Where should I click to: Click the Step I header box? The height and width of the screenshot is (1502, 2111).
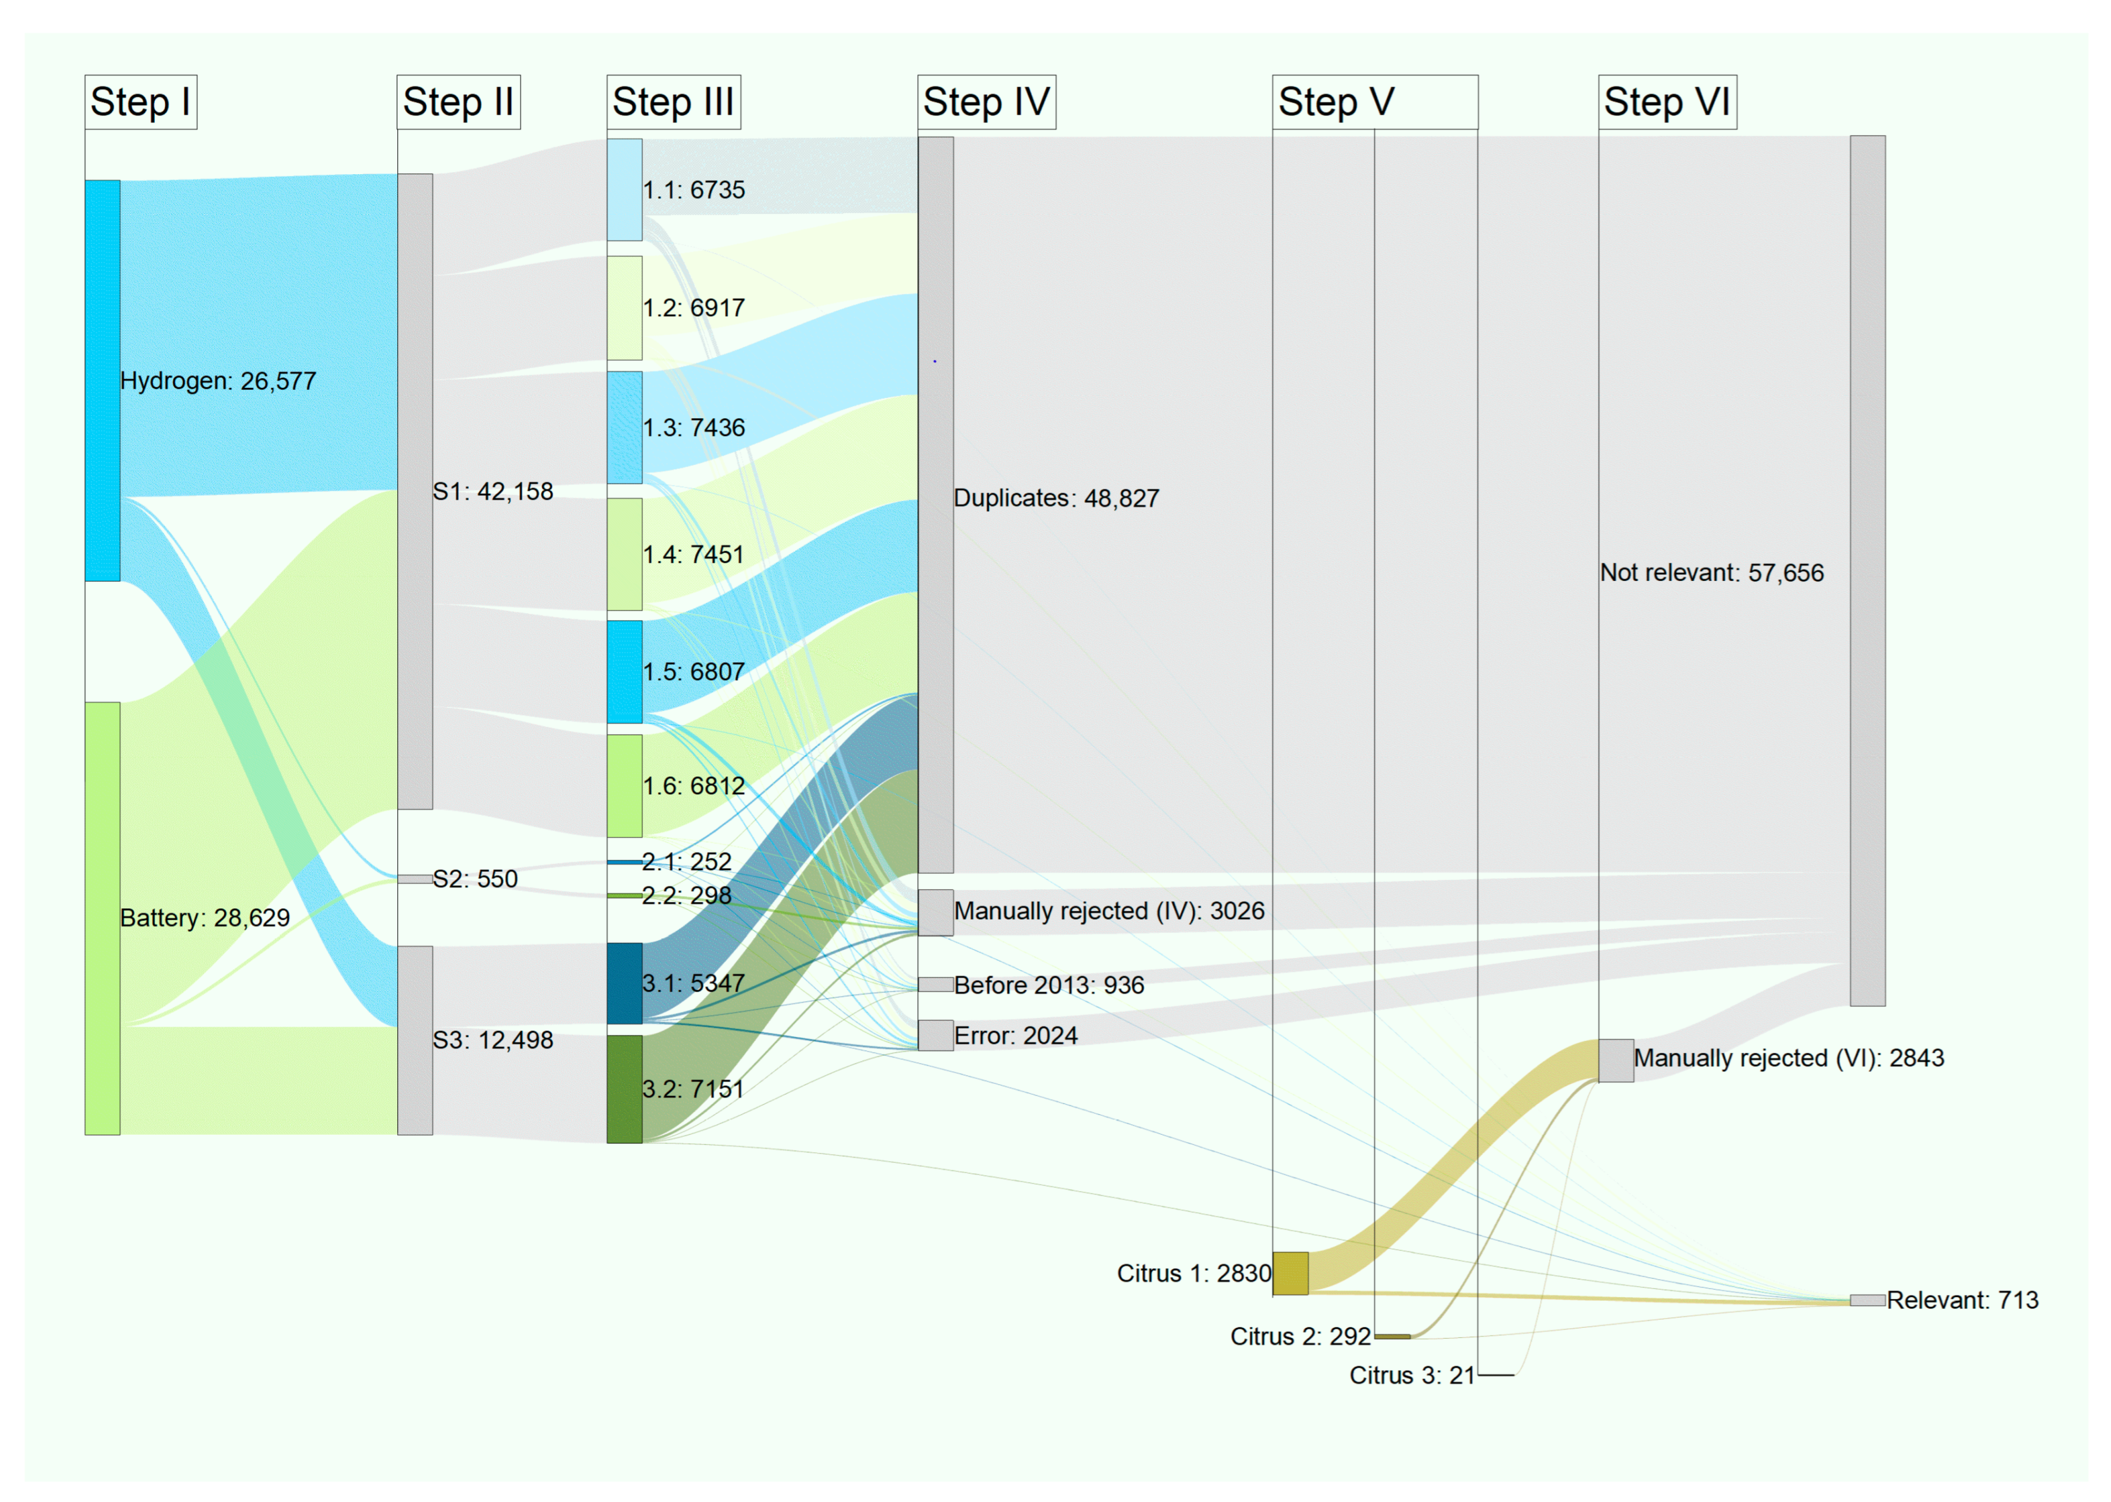pyautogui.click(x=140, y=102)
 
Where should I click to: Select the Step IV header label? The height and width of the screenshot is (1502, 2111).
pyautogui.click(x=986, y=102)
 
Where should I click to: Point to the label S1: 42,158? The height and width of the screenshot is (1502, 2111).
pyautogui.click(x=493, y=491)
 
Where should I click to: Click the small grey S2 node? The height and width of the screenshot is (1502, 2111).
pyautogui.click(x=414, y=879)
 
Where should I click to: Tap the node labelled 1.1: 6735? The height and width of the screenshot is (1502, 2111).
pyautogui.click(x=624, y=190)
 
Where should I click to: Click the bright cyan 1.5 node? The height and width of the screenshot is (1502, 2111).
pyautogui.click(x=624, y=672)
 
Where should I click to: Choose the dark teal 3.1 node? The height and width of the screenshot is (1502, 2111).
pyautogui.click(x=624, y=983)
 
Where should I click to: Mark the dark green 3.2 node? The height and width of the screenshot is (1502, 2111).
pyautogui.click(x=624, y=1088)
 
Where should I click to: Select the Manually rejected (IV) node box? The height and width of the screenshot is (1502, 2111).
pyautogui.click(x=935, y=912)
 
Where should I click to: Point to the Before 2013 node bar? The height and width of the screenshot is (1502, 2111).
pyautogui.click(x=935, y=984)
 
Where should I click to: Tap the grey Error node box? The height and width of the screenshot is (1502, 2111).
pyautogui.click(x=935, y=1035)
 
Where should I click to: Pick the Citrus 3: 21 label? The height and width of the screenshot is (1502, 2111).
pyautogui.click(x=1411, y=1375)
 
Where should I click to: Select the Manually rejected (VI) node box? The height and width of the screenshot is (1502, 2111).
pyautogui.click(x=1615, y=1060)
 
